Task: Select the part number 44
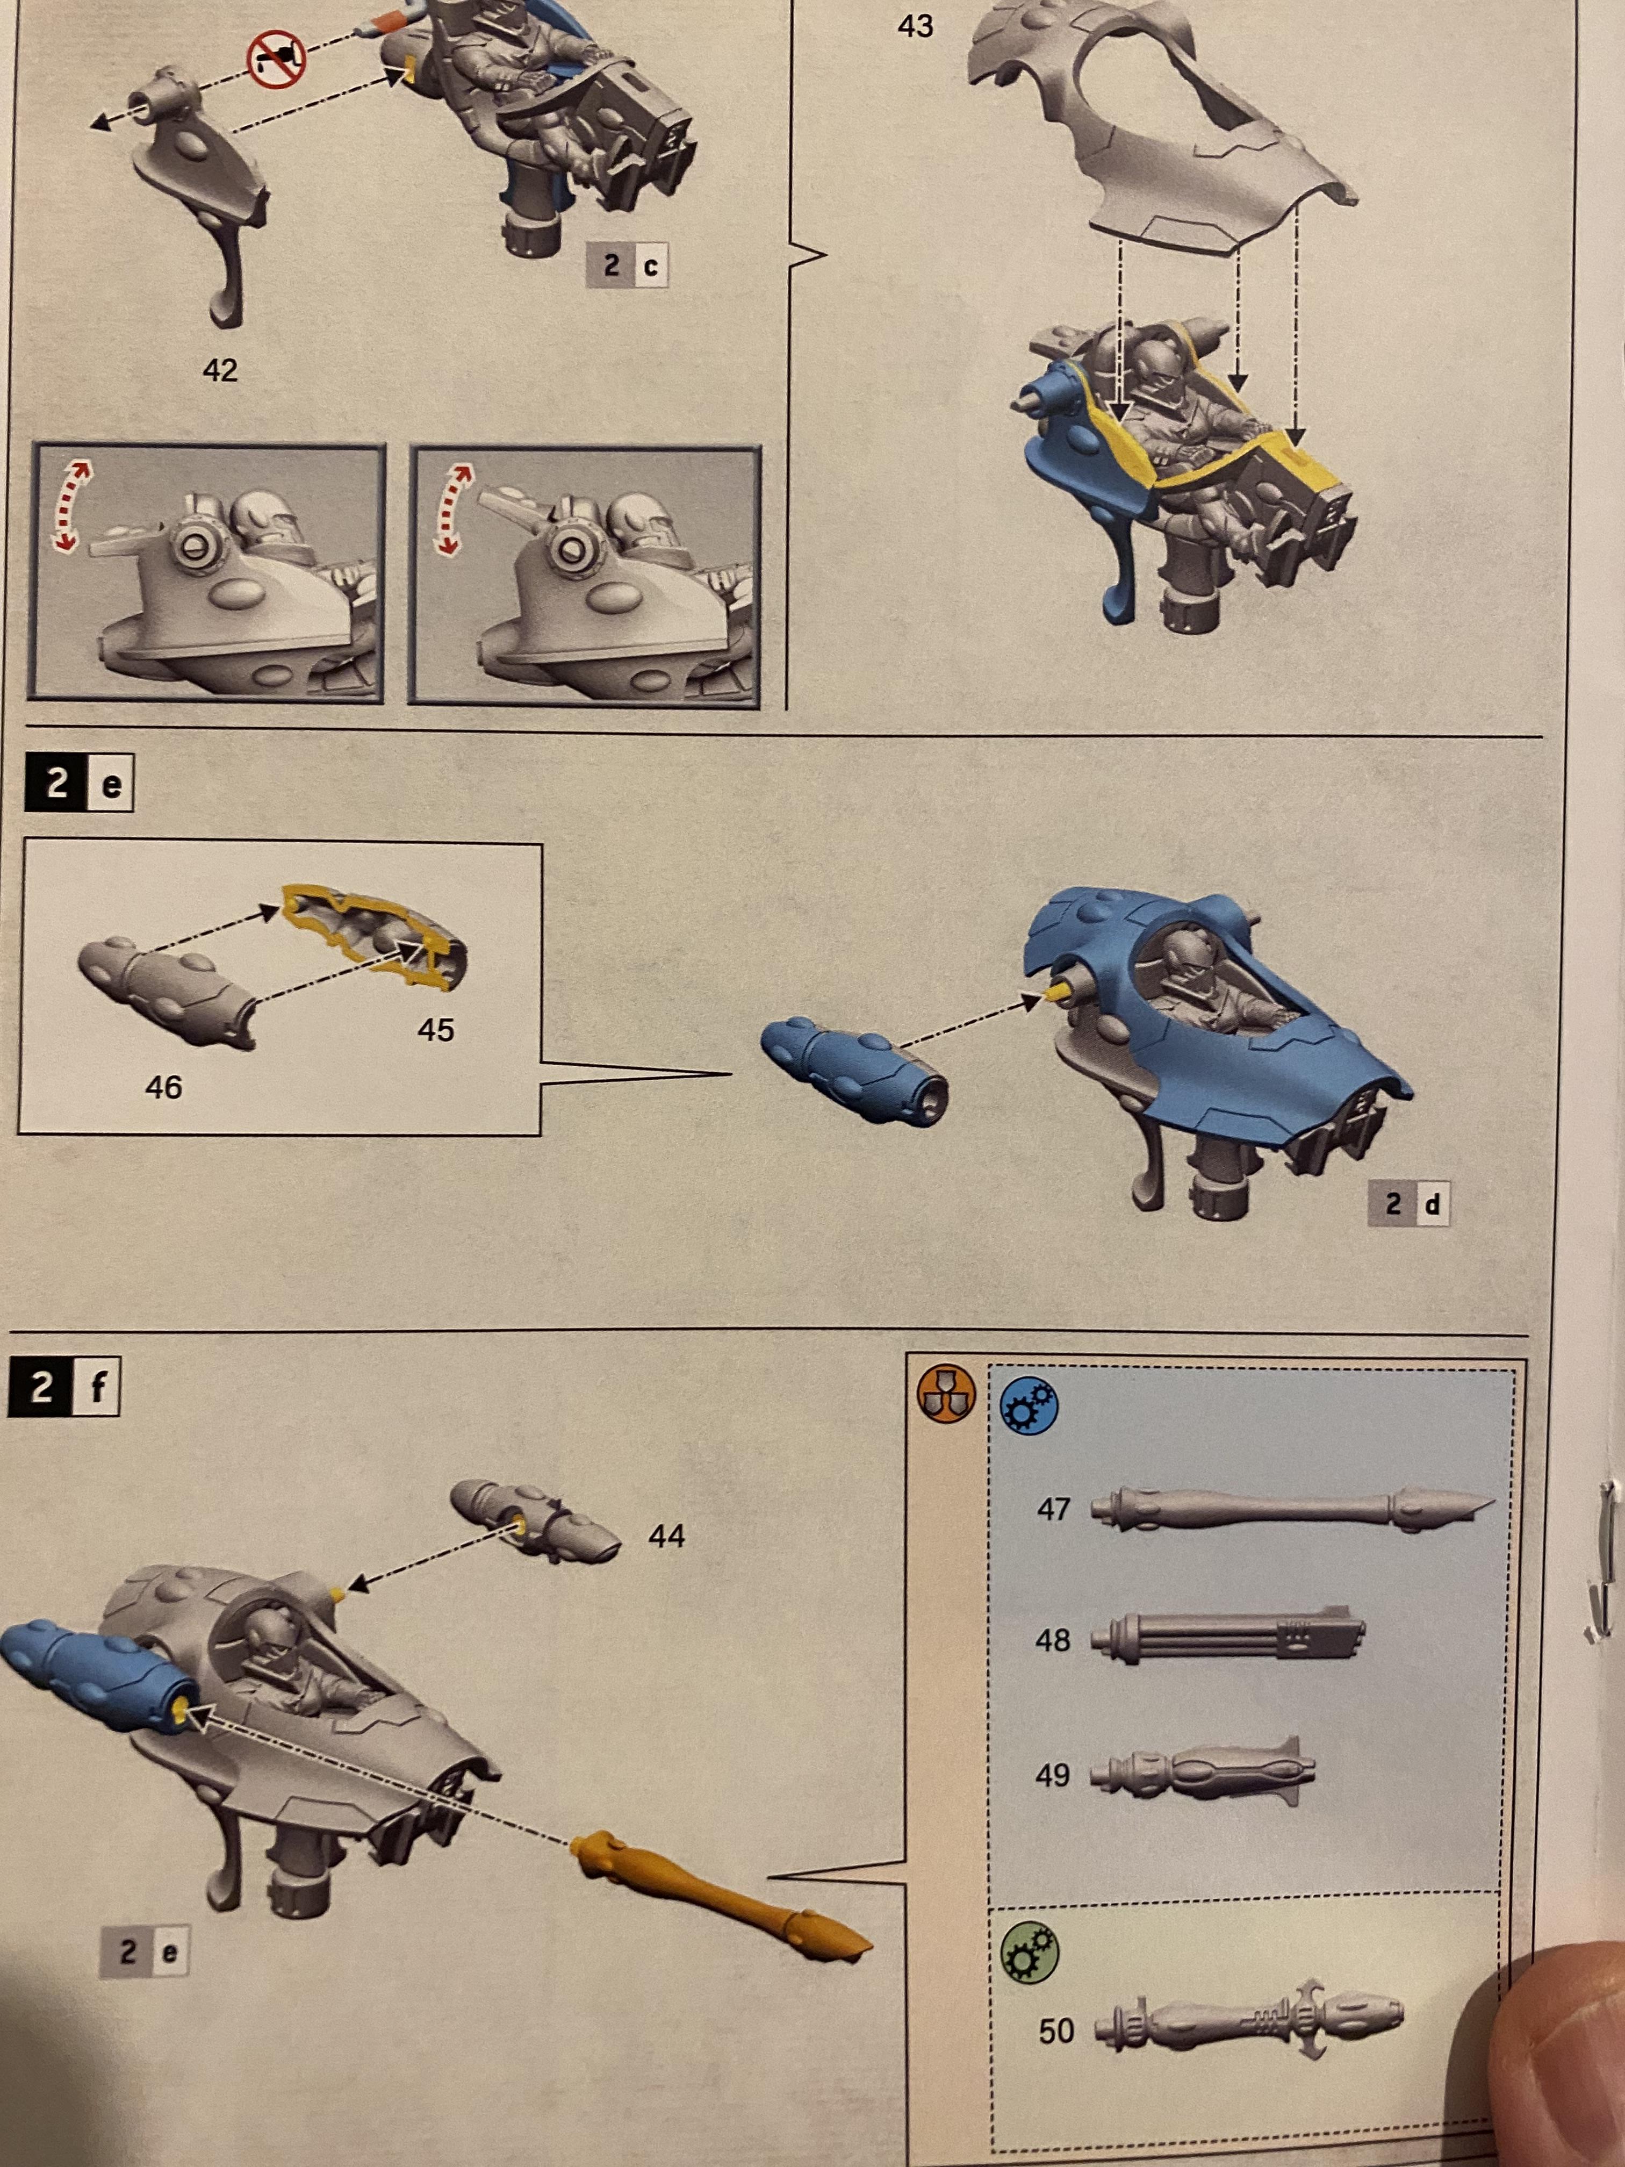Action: click(x=666, y=1535)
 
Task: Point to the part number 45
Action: click(x=436, y=1030)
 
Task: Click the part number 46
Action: click(x=163, y=1086)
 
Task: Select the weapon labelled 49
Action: click(x=1203, y=1770)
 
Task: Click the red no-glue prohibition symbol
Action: click(x=276, y=59)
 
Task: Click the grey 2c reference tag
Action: click(x=628, y=264)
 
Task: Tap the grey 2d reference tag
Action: click(x=1408, y=1204)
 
